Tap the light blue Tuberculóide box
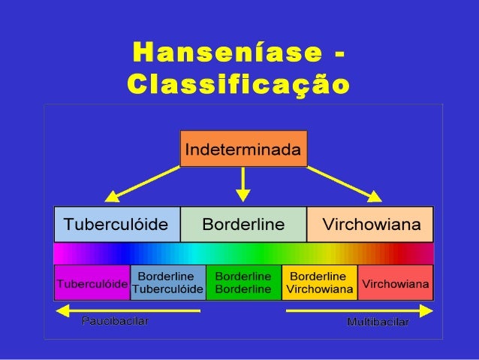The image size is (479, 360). click(116, 224)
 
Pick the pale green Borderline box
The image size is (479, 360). click(243, 224)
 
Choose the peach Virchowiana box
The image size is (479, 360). click(371, 224)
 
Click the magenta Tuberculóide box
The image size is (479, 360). click(92, 283)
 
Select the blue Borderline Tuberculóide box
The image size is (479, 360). click(167, 283)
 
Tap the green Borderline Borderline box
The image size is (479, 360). click(243, 283)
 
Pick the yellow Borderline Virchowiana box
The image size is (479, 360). click(319, 283)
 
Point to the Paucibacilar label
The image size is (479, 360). click(115, 322)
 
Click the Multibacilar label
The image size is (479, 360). click(378, 322)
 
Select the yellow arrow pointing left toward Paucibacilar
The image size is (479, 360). click(128, 310)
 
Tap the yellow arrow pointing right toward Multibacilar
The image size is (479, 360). click(360, 310)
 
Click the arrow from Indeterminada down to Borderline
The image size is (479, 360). click(243, 184)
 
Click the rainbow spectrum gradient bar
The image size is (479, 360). click(243, 253)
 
